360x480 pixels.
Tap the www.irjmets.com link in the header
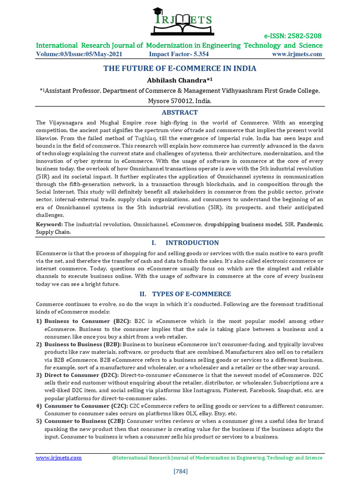pyautogui.click(x=297, y=54)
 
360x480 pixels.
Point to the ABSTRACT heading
pyautogui.click(x=180, y=112)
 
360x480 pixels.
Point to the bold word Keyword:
pyautogui.click(x=49, y=225)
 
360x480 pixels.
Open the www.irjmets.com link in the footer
pyautogui.click(x=59, y=457)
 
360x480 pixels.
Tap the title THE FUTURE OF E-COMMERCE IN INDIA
pyautogui.click(x=180, y=68)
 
